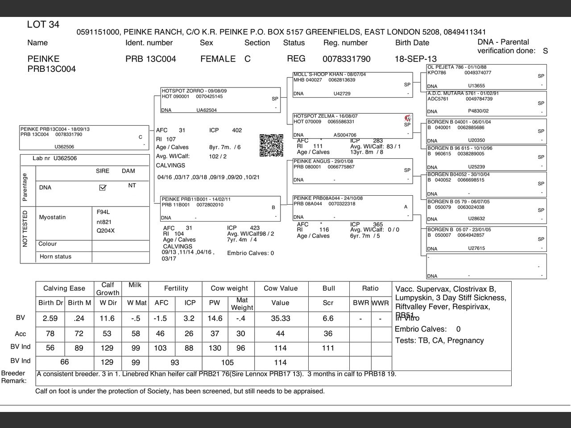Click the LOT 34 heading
click(43, 25)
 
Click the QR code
click(271, 145)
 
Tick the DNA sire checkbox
click(103, 188)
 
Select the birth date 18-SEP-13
click(415, 59)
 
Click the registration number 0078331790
click(346, 59)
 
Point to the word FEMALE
click(218, 59)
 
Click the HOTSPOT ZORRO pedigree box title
click(194, 91)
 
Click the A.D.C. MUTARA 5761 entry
click(463, 94)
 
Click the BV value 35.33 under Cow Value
click(280, 318)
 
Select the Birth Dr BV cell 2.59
click(50, 318)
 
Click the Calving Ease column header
click(64, 288)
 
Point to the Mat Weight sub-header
click(242, 304)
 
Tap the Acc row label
click(21, 334)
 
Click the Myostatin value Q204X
click(106, 231)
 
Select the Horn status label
click(55, 257)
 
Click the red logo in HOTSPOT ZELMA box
click(407, 118)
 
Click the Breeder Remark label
click(13, 377)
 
